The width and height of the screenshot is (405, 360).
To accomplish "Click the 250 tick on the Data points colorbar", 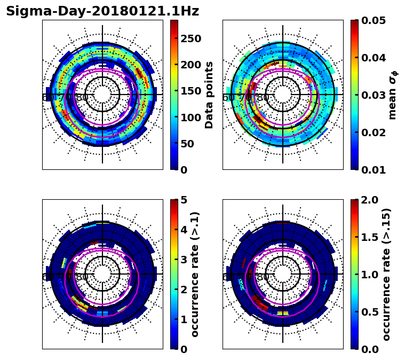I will point(190,38).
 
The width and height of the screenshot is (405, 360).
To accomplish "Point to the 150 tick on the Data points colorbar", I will point(190,91).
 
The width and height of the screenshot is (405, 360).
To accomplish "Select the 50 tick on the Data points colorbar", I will point(187,144).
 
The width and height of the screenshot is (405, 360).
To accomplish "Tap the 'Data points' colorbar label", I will point(209,95).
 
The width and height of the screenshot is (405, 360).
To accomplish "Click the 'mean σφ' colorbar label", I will point(393,95).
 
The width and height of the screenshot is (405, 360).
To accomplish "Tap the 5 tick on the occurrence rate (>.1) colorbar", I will point(184,200).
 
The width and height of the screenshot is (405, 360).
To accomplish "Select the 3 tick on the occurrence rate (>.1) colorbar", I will point(184,260).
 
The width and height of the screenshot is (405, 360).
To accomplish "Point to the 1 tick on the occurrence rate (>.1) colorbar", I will point(184,319).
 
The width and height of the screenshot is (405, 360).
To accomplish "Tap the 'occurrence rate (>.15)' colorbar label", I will point(387,274).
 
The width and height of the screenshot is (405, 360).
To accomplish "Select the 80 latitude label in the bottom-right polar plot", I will point(263,277).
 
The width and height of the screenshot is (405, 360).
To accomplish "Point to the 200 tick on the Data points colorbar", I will point(190,65).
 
